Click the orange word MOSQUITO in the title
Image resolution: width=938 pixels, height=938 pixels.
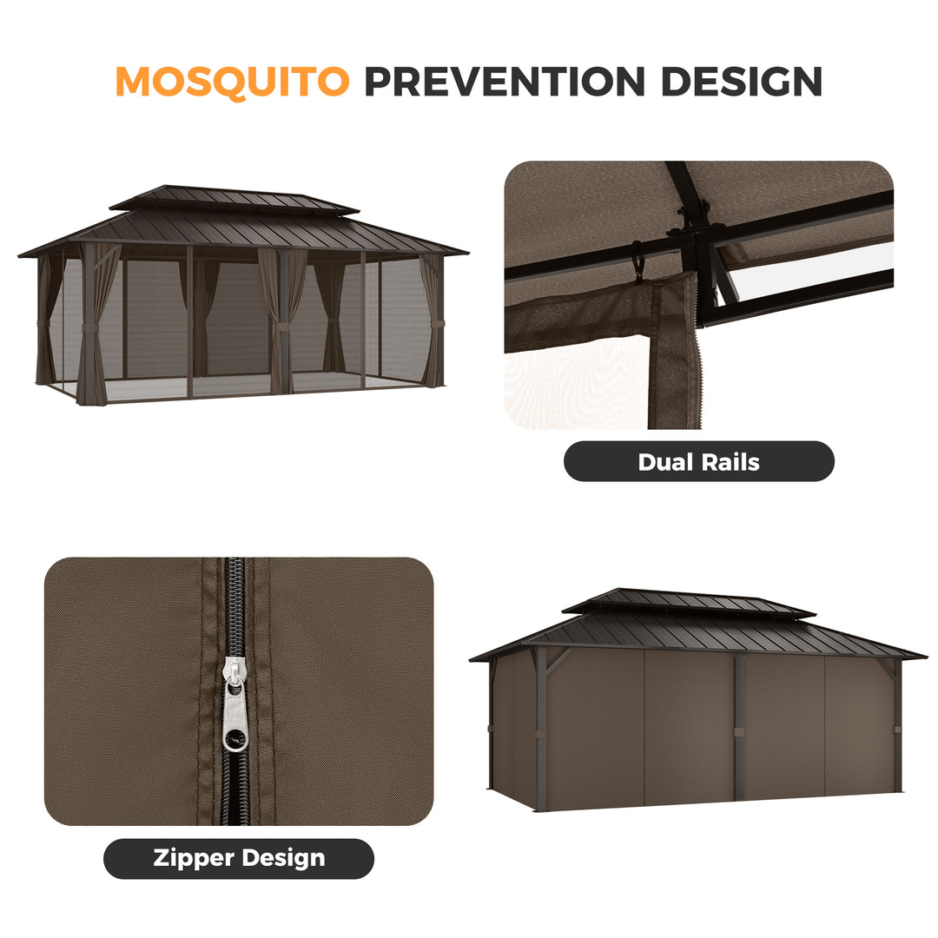(232, 81)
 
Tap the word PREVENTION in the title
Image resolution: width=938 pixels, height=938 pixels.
(505, 81)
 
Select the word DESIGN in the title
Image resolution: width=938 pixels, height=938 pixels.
(741, 81)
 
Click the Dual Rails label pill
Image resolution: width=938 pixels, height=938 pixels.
(699, 461)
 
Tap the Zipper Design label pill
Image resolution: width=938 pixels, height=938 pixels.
(239, 858)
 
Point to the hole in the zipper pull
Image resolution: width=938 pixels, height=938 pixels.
(233, 739)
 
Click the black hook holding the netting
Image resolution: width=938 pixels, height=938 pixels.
(637, 260)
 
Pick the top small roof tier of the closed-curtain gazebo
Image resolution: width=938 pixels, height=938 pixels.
(688, 601)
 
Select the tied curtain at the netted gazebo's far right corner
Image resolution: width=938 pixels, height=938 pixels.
(433, 322)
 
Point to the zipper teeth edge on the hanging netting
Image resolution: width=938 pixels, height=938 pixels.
(698, 365)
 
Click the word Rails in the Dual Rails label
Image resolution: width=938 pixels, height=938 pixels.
(730, 462)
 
